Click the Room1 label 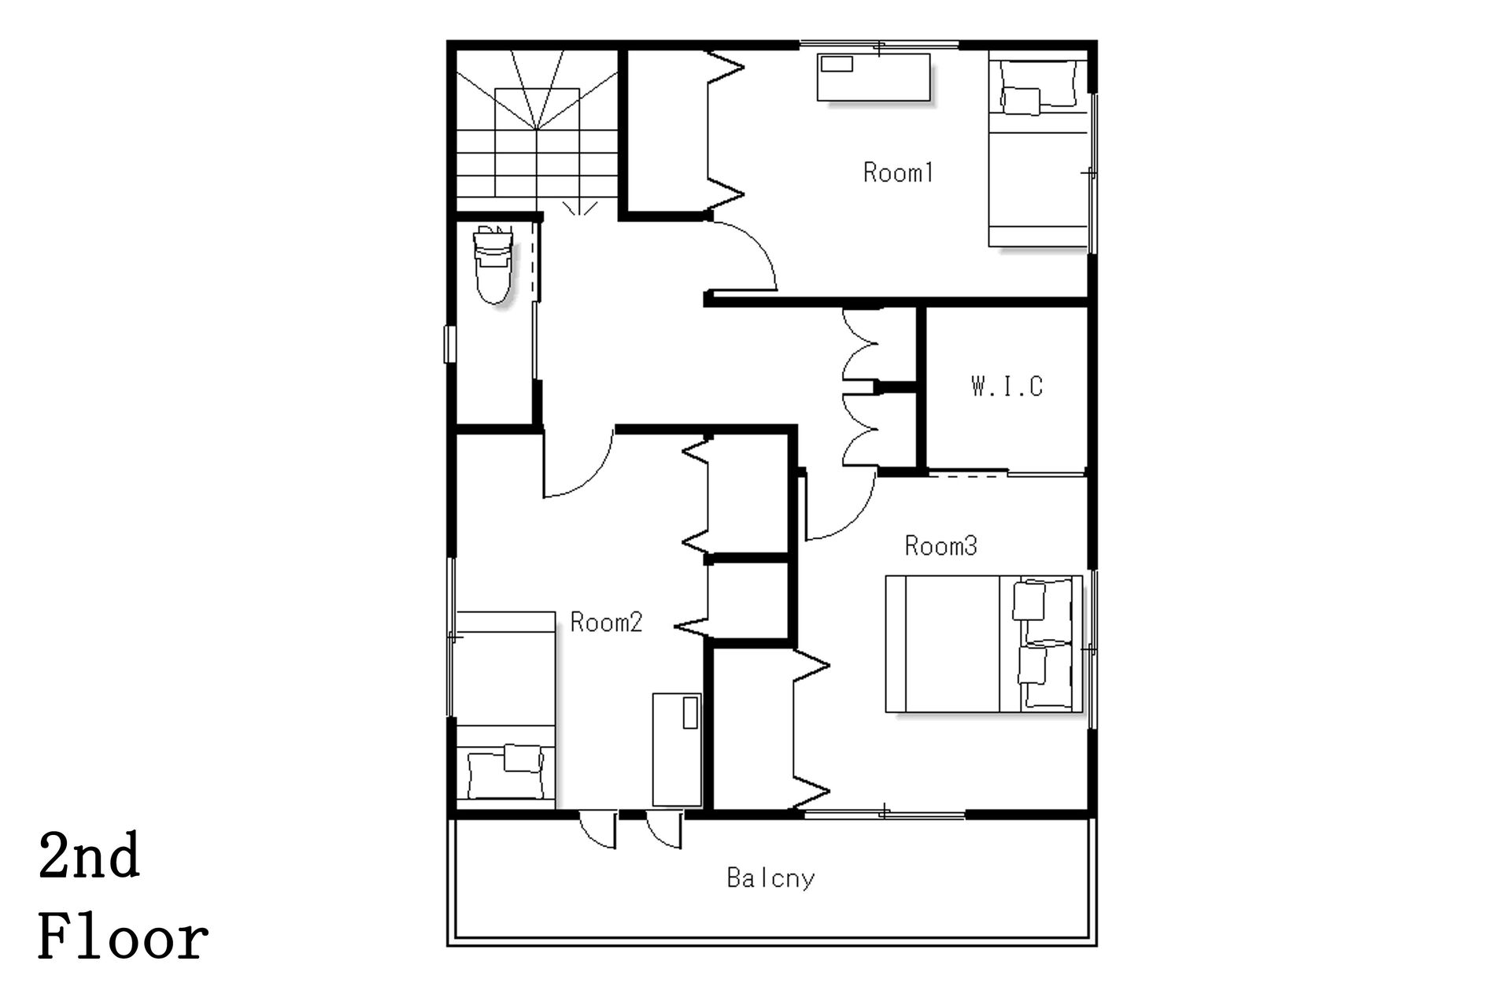coord(898,172)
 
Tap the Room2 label coord(606,623)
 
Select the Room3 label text coord(940,545)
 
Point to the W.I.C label coord(1007,386)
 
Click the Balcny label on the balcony coord(770,878)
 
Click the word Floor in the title coord(124,938)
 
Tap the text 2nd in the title coord(89,856)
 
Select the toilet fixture coord(493,264)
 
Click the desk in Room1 coord(874,77)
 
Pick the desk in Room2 coord(677,749)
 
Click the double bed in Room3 coord(984,644)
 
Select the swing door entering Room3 coord(840,508)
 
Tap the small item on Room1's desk coord(836,64)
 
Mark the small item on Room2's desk coord(691,712)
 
